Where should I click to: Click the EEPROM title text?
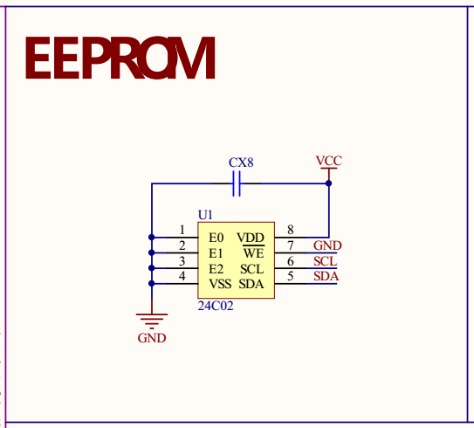pyautogui.click(x=120, y=58)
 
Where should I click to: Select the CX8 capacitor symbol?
pyautogui.click(x=237, y=183)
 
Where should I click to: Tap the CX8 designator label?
pyautogui.click(x=241, y=162)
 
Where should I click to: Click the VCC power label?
pyautogui.click(x=329, y=161)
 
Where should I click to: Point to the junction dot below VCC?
pyautogui.click(x=328, y=183)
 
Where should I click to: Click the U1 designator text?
pyautogui.click(x=205, y=215)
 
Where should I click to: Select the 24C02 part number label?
pyautogui.click(x=216, y=306)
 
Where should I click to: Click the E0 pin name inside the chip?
pyautogui.click(x=216, y=238)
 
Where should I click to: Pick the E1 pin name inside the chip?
pyautogui.click(x=216, y=253)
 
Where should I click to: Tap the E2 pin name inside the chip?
pyautogui.click(x=216, y=269)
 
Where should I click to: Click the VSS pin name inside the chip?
pyautogui.click(x=220, y=284)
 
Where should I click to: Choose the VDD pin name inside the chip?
pyautogui.click(x=251, y=238)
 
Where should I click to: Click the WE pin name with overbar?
pyautogui.click(x=254, y=252)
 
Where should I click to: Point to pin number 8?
pyautogui.click(x=291, y=230)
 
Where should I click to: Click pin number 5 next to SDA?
pyautogui.click(x=291, y=276)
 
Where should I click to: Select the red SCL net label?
pyautogui.click(x=326, y=261)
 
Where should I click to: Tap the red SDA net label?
pyautogui.click(x=326, y=276)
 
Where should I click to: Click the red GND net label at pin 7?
pyautogui.click(x=327, y=245)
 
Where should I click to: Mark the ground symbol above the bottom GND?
pyautogui.click(x=152, y=321)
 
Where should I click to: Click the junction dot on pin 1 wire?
pyautogui.click(x=152, y=238)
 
